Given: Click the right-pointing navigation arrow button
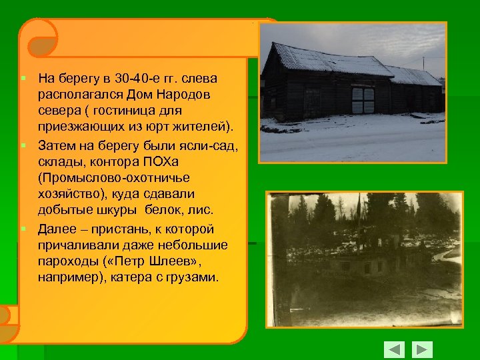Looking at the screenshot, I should point(422,349).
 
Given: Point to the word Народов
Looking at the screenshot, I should point(187,94).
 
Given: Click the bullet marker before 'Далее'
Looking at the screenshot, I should point(23,229).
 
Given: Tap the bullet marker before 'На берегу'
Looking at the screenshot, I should point(23,79).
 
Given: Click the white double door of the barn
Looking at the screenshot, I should point(363,101).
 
